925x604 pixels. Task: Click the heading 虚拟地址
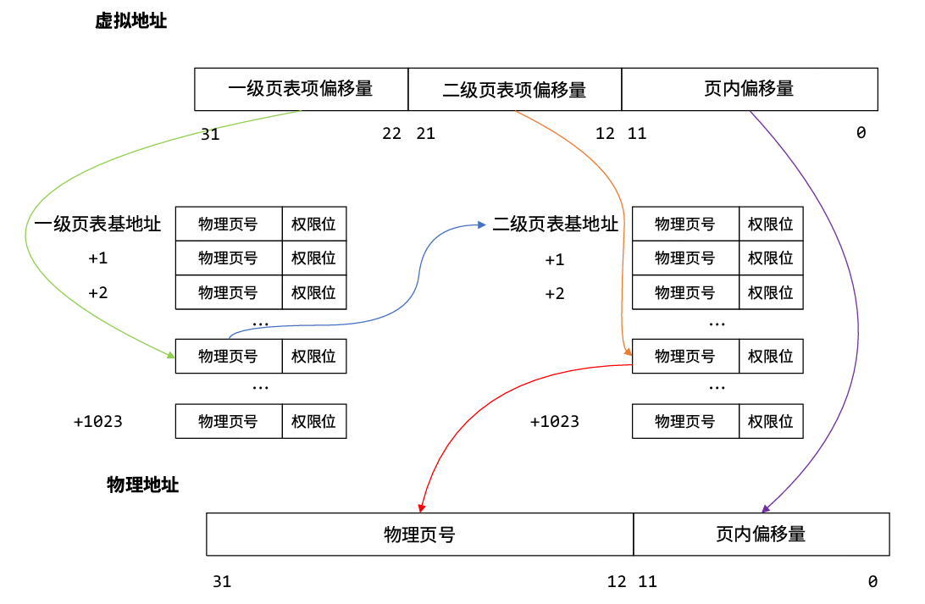(x=130, y=22)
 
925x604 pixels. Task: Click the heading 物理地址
(x=142, y=485)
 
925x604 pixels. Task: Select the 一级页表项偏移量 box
(x=301, y=89)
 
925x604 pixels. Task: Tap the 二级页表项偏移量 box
(x=514, y=89)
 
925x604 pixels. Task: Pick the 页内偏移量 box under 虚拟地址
(x=749, y=89)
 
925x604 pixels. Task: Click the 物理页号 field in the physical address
(x=419, y=535)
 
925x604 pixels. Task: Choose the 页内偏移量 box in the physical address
(x=761, y=535)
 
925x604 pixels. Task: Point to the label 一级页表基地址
(x=97, y=224)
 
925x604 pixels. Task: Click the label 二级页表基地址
(x=556, y=224)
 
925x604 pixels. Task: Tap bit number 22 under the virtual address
(x=391, y=134)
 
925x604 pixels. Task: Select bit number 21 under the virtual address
(x=425, y=134)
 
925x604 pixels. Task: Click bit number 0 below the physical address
(x=872, y=582)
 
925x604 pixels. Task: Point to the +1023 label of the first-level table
(x=98, y=421)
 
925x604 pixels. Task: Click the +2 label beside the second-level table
(x=555, y=294)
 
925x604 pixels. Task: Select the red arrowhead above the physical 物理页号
(x=420, y=508)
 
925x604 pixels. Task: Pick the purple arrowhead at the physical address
(x=765, y=509)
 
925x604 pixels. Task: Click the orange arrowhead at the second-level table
(x=628, y=351)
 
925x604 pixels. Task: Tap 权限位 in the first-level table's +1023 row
(x=313, y=421)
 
